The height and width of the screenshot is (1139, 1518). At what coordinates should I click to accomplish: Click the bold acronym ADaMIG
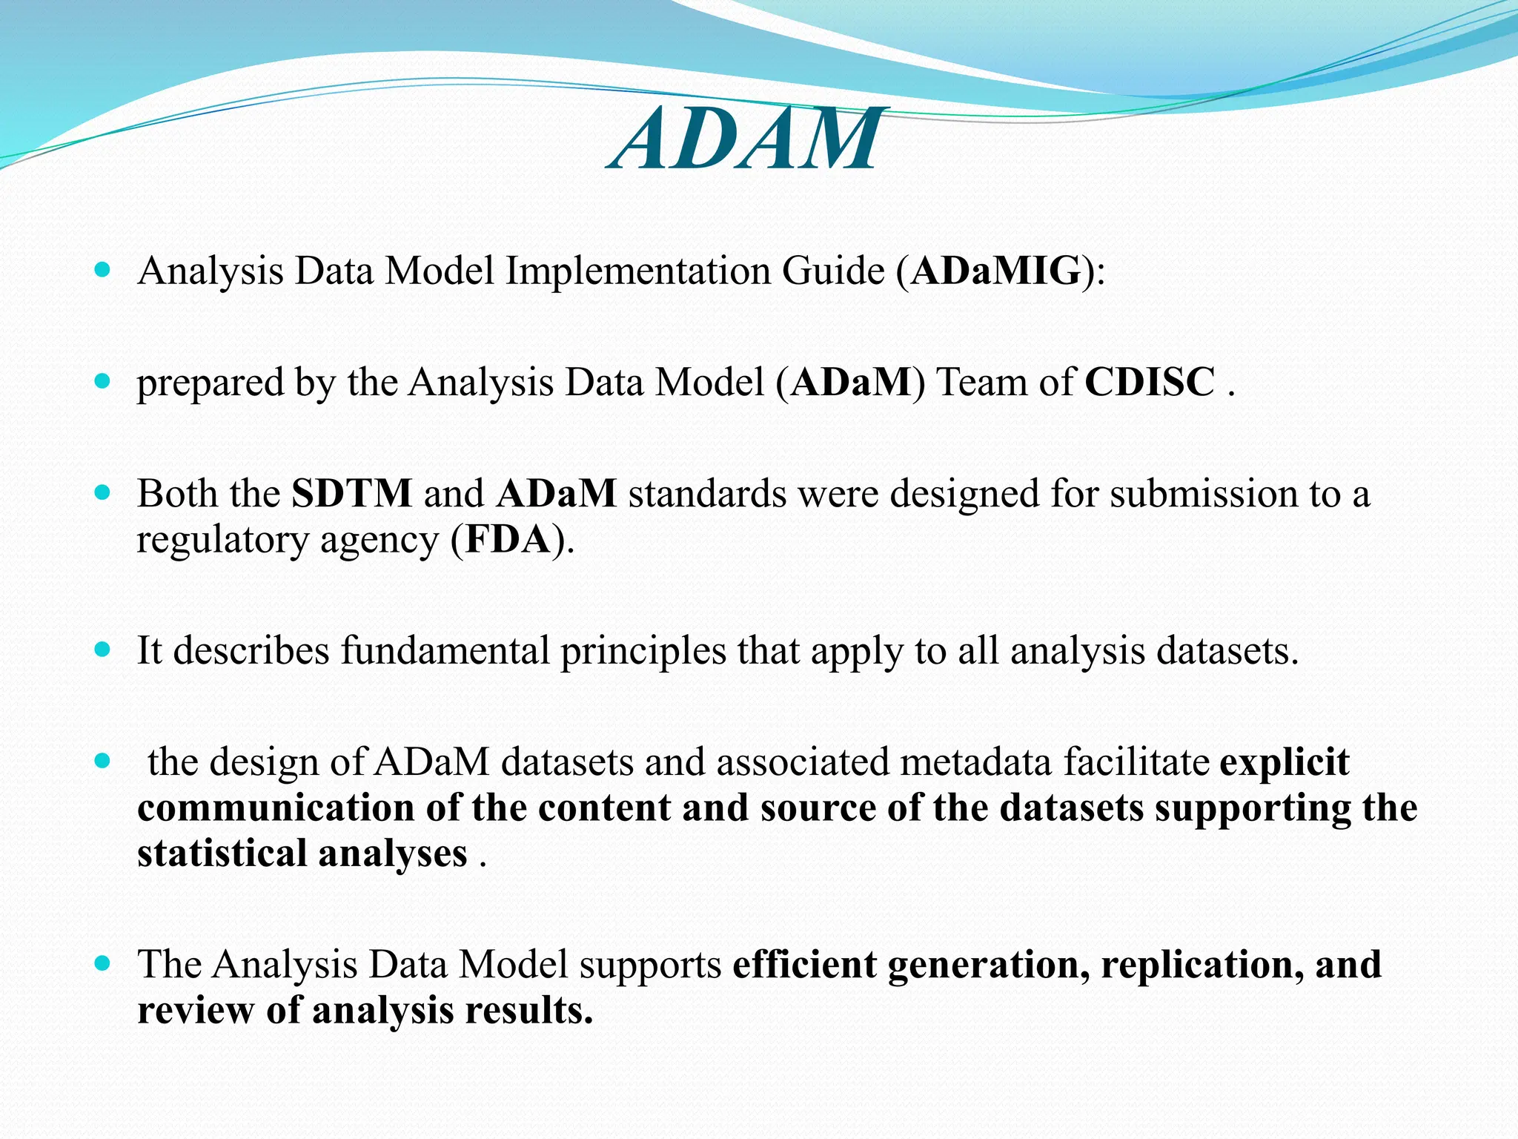(995, 271)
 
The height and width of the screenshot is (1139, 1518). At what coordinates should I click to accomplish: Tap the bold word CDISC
(1150, 383)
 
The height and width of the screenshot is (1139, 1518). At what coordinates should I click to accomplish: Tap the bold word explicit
(1284, 763)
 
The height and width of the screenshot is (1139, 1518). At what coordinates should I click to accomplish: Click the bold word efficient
(803, 965)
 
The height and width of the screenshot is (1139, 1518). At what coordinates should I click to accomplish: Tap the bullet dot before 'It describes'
(103, 650)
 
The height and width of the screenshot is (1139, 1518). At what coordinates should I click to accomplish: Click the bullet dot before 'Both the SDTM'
(103, 492)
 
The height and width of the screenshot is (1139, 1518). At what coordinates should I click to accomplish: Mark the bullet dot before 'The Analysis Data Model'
(103, 964)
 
